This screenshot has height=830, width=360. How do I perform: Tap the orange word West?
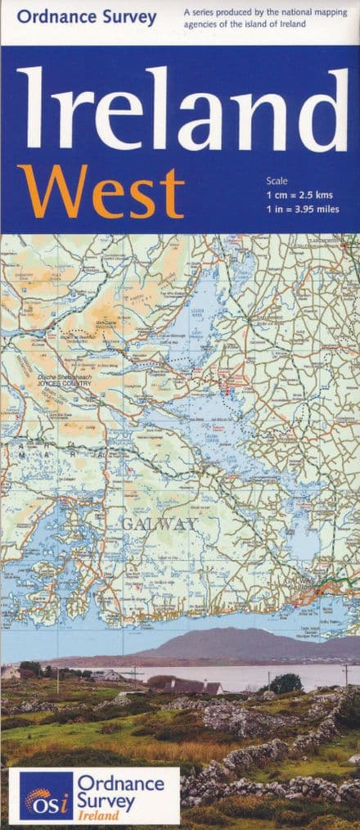[100, 192]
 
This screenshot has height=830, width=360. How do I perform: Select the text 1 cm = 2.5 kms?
[299, 194]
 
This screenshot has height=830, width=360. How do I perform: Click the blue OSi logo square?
[45, 795]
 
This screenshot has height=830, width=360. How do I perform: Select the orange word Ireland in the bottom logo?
[96, 814]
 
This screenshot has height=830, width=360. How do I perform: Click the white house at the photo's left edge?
[10, 671]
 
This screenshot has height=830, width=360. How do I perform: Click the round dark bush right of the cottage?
[286, 683]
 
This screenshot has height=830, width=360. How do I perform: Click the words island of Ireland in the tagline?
[281, 25]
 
